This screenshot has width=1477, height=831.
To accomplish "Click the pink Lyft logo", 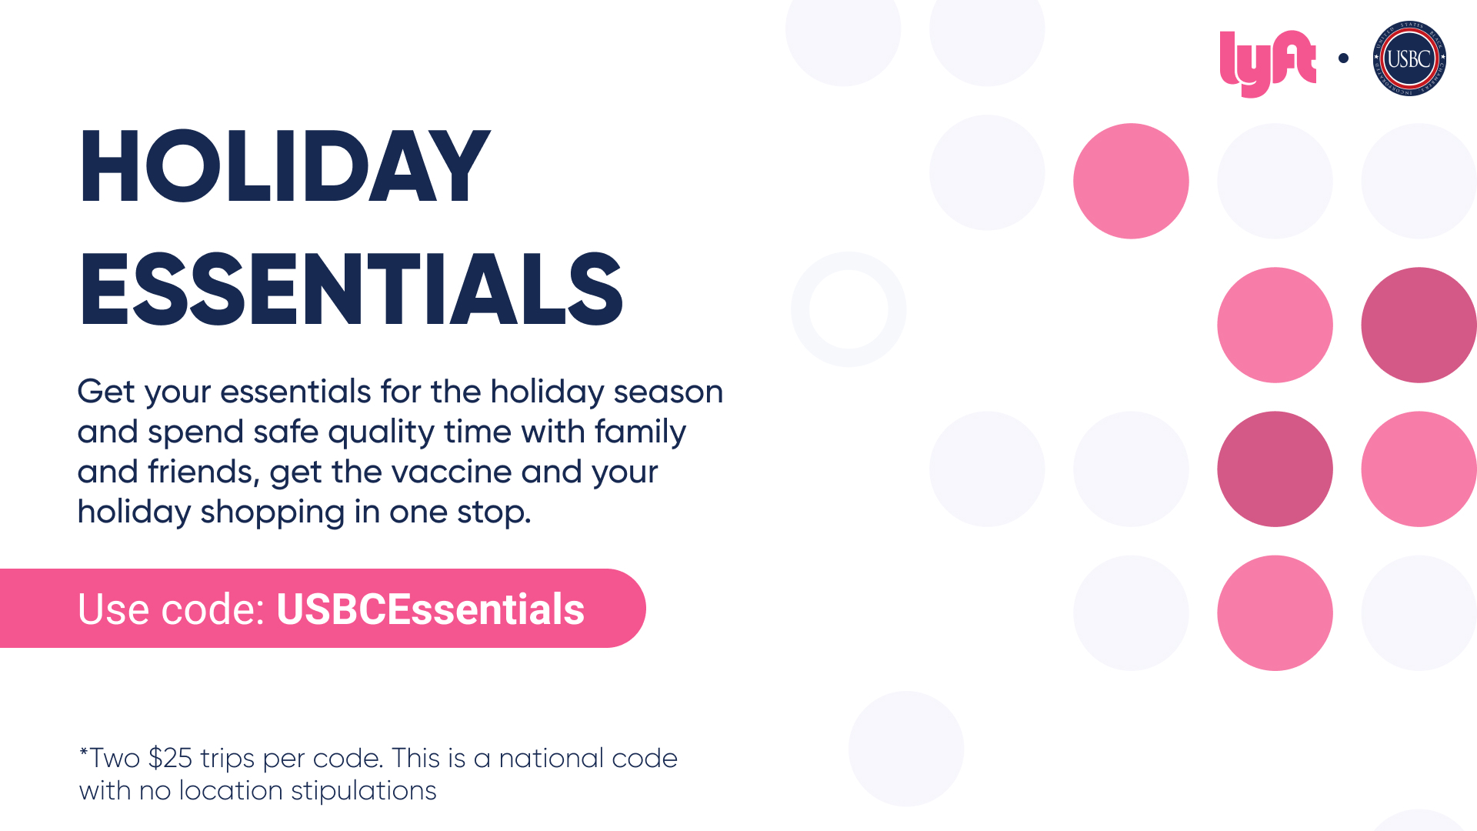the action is tap(1268, 63).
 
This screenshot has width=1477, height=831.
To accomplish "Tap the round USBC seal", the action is tap(1409, 58).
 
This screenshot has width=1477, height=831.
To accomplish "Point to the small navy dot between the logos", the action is tap(1343, 58).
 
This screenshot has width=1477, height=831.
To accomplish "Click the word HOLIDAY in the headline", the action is tap(284, 167).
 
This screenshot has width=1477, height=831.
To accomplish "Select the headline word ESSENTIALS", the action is tap(351, 289).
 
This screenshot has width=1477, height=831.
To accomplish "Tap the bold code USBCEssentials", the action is tap(430, 609).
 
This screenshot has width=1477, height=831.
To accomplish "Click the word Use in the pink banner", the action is tap(114, 609).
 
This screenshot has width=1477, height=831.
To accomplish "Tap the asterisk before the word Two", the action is tap(83, 751).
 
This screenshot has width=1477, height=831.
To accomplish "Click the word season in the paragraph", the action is tap(668, 392).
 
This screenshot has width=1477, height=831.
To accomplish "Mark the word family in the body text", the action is tap(640, 432).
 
